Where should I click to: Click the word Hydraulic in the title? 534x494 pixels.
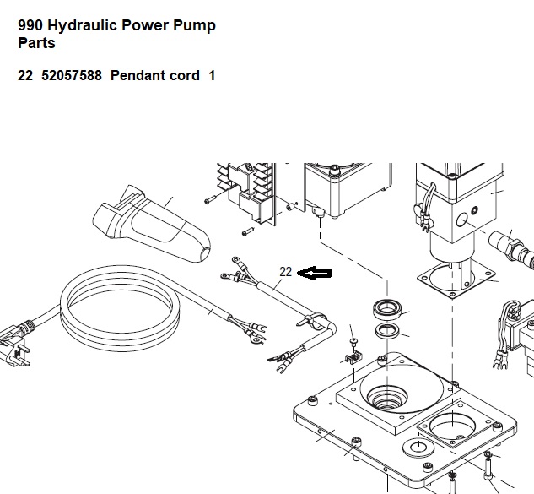click(83, 26)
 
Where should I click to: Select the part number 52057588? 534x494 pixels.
click(72, 75)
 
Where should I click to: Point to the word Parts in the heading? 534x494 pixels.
click(36, 43)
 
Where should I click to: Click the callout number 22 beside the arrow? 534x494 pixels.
click(285, 272)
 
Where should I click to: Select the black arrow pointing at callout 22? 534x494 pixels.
click(314, 273)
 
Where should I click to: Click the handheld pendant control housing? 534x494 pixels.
click(152, 224)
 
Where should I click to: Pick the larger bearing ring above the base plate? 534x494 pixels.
click(387, 309)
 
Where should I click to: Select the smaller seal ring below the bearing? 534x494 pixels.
click(387, 331)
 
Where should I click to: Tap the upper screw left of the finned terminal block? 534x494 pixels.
click(211, 199)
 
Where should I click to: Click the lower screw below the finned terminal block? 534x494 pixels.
click(248, 232)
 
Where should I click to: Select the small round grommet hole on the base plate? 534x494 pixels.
click(418, 448)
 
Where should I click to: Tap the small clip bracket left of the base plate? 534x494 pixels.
click(353, 358)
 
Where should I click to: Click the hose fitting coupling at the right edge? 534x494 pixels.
click(511, 248)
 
